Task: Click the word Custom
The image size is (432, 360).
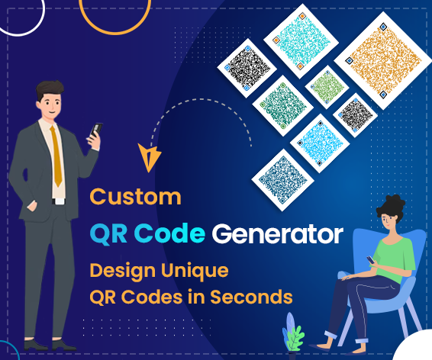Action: click(136, 197)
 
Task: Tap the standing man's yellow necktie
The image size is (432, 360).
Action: click(56, 156)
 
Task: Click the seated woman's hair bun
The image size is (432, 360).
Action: click(394, 202)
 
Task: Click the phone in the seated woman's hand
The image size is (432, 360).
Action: click(371, 259)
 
